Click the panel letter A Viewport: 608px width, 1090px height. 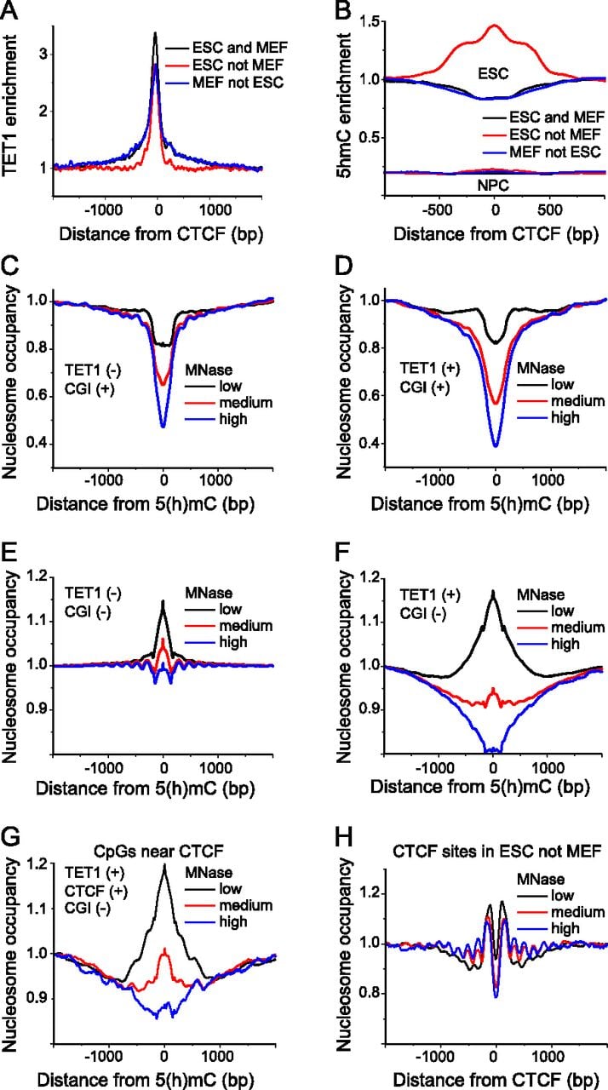(x=9, y=10)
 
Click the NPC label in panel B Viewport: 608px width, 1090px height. (x=493, y=186)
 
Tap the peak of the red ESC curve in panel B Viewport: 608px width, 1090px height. (x=494, y=26)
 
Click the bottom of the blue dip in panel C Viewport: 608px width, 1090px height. (x=163, y=427)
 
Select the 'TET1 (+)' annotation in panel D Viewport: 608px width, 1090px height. (x=430, y=369)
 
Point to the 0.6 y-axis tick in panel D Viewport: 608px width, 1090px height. (x=370, y=396)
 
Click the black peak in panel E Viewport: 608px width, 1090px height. (x=163, y=601)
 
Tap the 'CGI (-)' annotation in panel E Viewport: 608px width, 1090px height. (x=88, y=611)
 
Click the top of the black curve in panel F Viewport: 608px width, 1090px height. (x=493, y=591)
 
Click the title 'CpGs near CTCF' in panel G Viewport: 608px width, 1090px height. (x=158, y=851)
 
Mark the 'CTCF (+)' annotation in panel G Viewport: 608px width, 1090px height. (x=96, y=891)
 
